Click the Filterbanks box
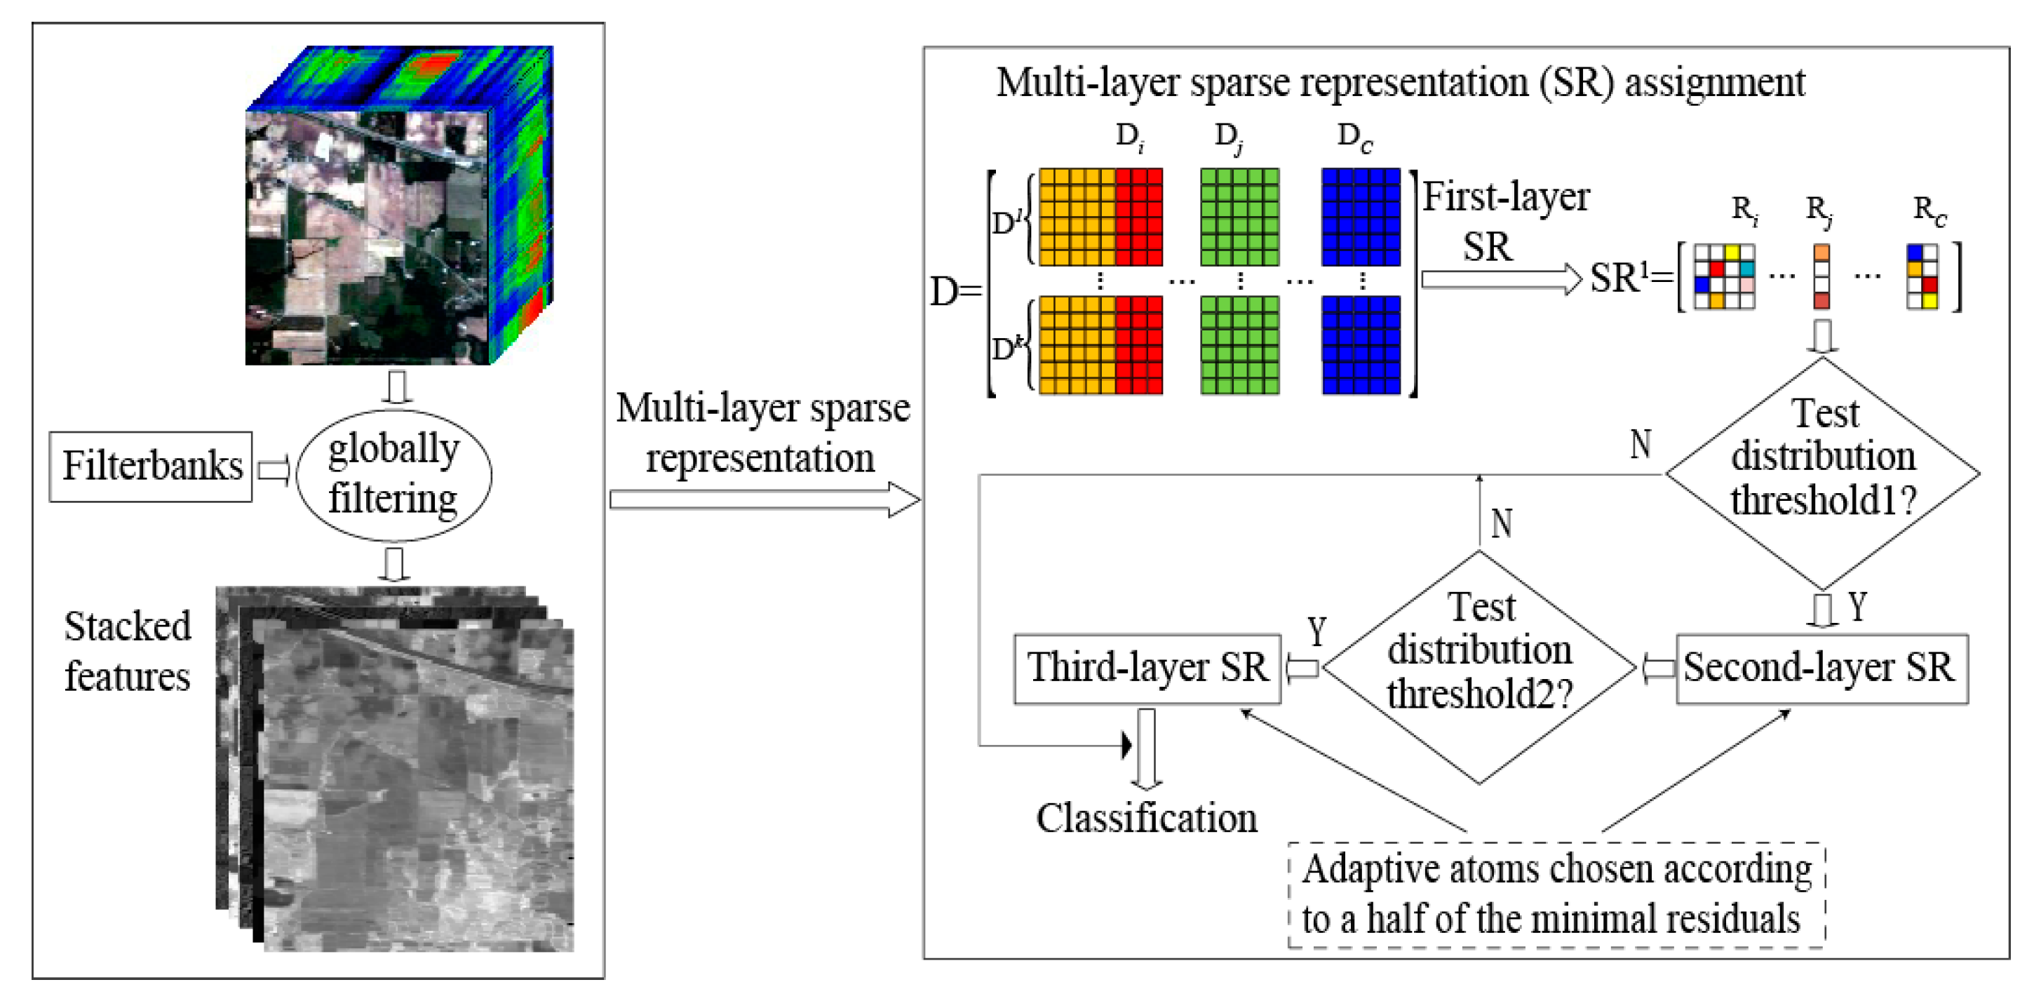tap(151, 466)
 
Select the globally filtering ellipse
tap(393, 474)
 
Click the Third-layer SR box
tap(1147, 668)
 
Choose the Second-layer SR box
tap(1821, 668)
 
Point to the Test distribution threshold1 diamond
tap(1822, 473)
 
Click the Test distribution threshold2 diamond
tap(1479, 667)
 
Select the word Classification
tap(1146, 818)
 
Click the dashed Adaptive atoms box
tap(1556, 894)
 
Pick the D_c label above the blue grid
tap(1354, 137)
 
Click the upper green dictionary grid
tap(1239, 216)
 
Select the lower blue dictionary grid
tap(1361, 345)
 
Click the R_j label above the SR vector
tap(1819, 210)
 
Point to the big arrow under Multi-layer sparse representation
tap(765, 499)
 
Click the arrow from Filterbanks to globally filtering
tap(274, 471)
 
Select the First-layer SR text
tap(1504, 221)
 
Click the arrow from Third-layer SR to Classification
tap(1146, 748)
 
